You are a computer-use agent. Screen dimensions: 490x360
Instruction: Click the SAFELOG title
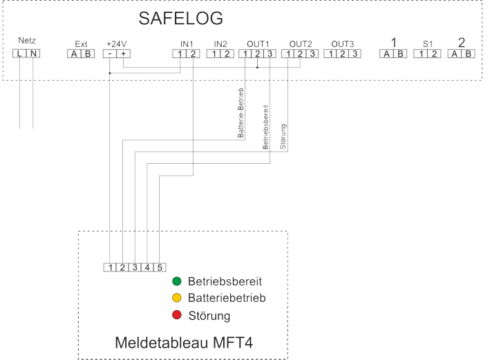coord(180,18)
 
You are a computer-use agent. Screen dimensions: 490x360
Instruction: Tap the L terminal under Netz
coord(19,53)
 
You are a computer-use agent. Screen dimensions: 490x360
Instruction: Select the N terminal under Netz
coord(33,53)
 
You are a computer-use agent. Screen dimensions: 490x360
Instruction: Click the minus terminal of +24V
coord(110,54)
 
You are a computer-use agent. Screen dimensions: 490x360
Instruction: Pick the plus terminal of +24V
coord(124,54)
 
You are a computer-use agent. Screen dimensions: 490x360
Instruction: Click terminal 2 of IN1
coord(193,54)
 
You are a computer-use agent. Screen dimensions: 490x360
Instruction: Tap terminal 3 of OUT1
coord(270,54)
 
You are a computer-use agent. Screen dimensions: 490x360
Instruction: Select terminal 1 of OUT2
coord(288,54)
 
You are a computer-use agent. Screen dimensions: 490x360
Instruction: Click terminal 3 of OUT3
coord(355,54)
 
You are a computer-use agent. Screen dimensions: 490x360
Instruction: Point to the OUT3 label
coord(343,44)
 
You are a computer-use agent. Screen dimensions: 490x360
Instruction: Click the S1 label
coord(428,44)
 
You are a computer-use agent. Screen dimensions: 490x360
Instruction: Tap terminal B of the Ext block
coord(88,54)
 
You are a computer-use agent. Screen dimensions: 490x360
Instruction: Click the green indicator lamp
coord(176,281)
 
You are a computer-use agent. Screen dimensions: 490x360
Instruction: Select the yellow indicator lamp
coord(176,298)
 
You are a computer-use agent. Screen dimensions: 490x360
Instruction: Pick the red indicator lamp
coord(176,314)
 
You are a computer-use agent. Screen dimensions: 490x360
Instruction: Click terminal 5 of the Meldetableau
coord(160,267)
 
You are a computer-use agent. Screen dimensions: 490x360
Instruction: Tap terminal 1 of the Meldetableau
coord(110,267)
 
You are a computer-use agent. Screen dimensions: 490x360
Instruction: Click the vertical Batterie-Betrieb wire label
coord(241,113)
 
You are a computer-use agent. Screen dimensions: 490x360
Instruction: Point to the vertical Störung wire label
coord(283,137)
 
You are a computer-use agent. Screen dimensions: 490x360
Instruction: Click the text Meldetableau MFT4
coord(184,343)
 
